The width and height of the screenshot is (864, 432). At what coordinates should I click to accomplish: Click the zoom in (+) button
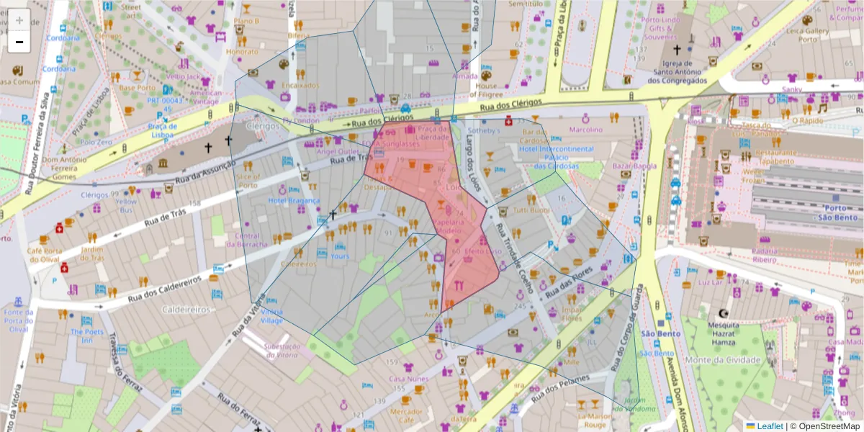[x=19, y=20]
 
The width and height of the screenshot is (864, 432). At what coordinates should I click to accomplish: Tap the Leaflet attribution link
[x=770, y=426]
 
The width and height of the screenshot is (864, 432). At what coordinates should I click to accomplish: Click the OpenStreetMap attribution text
[x=824, y=426]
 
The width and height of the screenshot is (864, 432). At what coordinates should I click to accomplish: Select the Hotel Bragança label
[x=294, y=200]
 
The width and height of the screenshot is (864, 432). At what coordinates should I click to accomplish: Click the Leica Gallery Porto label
[x=806, y=35]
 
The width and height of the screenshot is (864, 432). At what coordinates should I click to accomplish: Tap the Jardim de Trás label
[x=92, y=253]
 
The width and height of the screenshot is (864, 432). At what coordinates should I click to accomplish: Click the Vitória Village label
[x=271, y=316]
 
